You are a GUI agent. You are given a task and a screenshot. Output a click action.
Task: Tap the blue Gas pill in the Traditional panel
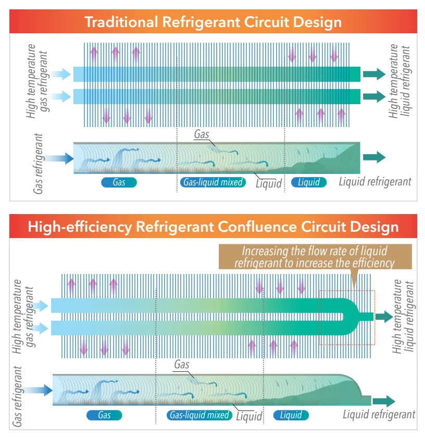tap(119, 182)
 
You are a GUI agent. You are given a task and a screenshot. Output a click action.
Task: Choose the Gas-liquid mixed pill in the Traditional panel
tap(213, 182)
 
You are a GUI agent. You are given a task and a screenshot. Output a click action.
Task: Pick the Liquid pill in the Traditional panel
tap(309, 182)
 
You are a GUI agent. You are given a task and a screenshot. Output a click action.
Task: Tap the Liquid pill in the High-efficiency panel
tap(291, 415)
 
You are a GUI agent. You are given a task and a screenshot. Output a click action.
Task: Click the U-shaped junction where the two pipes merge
tap(354, 316)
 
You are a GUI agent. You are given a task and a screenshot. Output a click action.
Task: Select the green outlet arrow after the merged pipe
tap(386, 316)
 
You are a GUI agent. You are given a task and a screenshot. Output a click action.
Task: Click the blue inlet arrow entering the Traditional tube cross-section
tap(61, 158)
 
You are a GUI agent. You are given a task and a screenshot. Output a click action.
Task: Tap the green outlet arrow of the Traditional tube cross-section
tap(374, 157)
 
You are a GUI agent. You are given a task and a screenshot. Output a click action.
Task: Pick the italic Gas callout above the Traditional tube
tap(202, 134)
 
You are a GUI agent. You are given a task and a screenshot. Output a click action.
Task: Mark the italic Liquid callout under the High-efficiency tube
tap(249, 417)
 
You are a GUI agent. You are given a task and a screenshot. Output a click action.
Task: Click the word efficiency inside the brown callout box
tap(370, 263)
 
